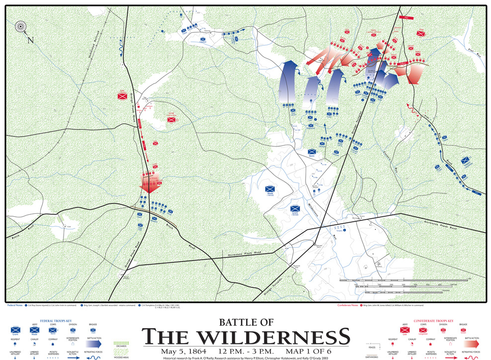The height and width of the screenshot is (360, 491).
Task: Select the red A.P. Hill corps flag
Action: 171,119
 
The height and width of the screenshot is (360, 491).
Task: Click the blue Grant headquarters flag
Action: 296,209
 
